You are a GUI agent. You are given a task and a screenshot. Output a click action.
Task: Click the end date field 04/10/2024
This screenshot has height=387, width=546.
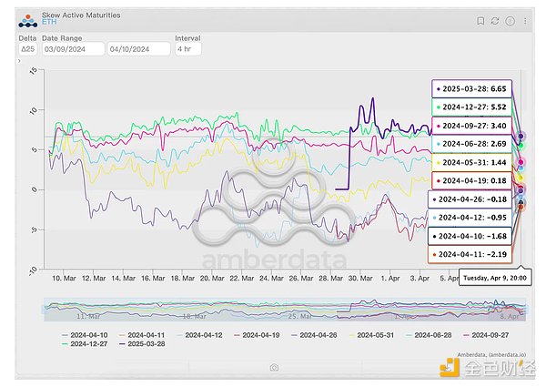pyautogui.click(x=137, y=49)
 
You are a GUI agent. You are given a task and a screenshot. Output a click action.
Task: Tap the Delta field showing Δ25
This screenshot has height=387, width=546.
pyautogui.click(x=27, y=49)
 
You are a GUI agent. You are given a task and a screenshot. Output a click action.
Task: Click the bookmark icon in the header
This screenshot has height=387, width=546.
pyautogui.click(x=480, y=20)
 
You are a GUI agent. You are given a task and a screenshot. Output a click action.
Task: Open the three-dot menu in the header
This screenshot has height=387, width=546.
pyautogui.click(x=525, y=20)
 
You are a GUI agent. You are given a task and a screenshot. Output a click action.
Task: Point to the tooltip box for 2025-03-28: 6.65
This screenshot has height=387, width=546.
pyautogui.click(x=472, y=89)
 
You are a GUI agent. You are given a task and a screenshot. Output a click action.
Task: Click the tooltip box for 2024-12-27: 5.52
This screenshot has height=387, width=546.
pyautogui.click(x=472, y=107)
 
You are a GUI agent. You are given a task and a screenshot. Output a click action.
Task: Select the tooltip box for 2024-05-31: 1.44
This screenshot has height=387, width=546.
pyautogui.click(x=472, y=162)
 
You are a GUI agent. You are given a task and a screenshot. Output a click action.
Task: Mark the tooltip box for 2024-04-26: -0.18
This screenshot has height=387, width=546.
pyautogui.click(x=471, y=199)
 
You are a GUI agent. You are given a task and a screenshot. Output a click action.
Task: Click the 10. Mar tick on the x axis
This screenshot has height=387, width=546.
pyautogui.click(x=64, y=277)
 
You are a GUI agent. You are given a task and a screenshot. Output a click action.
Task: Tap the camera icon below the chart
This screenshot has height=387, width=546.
pyautogui.click(x=274, y=367)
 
